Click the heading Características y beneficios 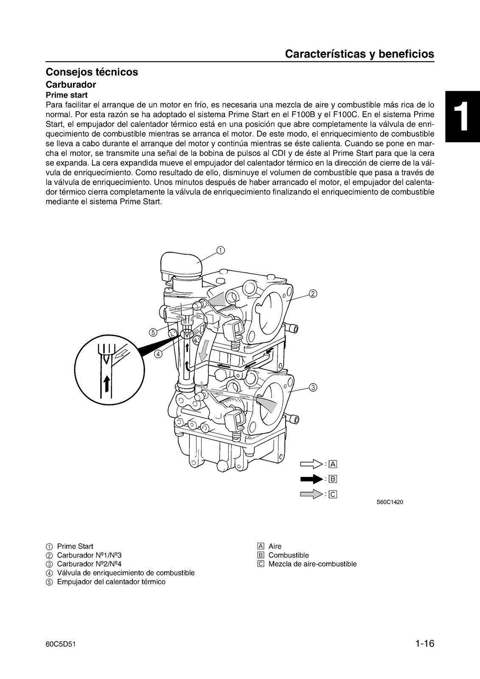click(359, 54)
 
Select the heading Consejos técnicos click(92, 72)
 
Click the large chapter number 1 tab click(463, 116)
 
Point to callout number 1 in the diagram click(220, 250)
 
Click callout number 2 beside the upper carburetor click(312, 293)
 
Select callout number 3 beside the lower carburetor click(312, 387)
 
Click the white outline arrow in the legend click(311, 463)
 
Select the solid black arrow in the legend click(311, 479)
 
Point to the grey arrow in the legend click(311, 494)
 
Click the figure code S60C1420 click(390, 502)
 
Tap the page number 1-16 click(425, 644)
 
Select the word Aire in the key click(275, 546)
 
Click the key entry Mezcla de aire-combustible click(312, 564)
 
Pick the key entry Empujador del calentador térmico click(111, 582)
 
